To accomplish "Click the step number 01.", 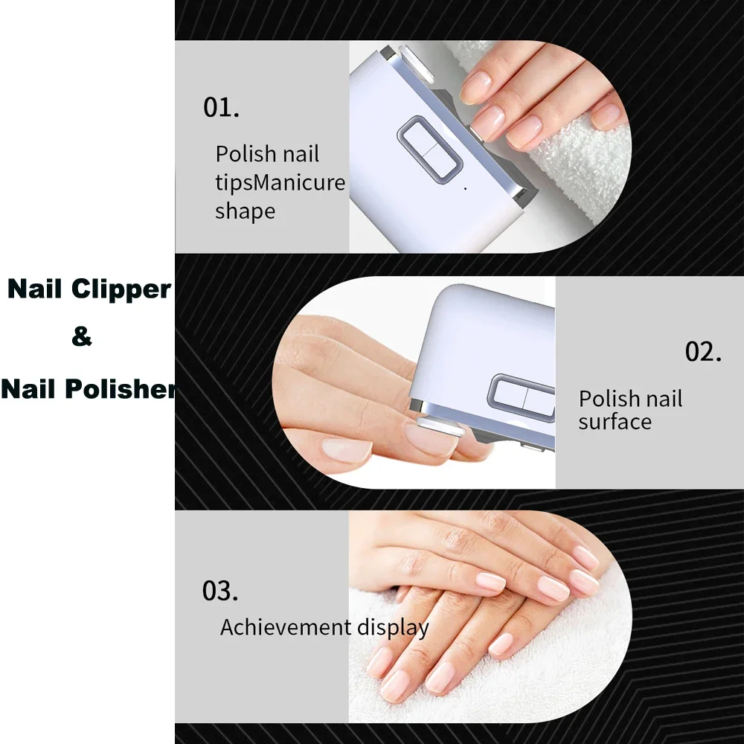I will point(221,107).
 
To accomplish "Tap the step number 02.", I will point(703,351).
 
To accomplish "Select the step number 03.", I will point(220,591).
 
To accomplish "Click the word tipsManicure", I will point(280,183).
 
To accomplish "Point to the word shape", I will point(245,211).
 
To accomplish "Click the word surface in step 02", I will point(615,422).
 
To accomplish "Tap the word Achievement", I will point(285,627).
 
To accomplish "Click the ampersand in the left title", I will point(82,337).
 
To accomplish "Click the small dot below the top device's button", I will point(465,188).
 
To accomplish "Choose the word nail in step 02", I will point(664,399).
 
